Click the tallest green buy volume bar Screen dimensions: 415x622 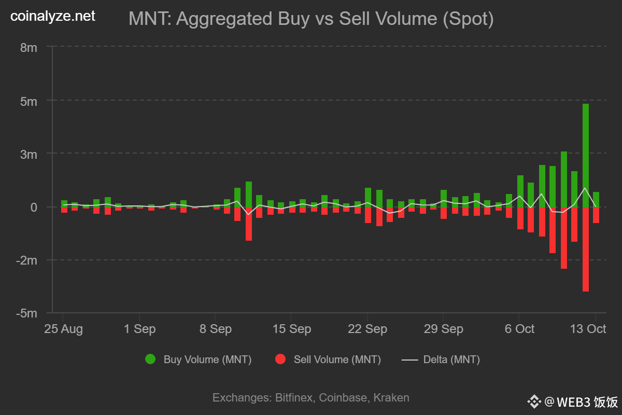(585, 156)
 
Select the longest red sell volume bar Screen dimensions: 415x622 (585, 249)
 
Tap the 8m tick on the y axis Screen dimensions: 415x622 (28, 48)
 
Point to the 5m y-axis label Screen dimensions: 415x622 (28, 101)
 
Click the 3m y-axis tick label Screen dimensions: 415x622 (28, 154)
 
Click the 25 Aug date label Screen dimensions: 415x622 (63, 329)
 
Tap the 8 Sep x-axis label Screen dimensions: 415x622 (215, 329)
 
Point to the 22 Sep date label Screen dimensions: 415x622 (367, 329)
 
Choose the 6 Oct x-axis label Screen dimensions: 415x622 (519, 329)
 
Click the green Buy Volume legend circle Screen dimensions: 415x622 (150, 359)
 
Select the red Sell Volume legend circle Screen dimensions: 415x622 (280, 359)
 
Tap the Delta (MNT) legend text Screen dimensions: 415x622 (451, 359)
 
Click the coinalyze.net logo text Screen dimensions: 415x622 (53, 17)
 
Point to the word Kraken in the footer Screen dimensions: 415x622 (391, 398)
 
